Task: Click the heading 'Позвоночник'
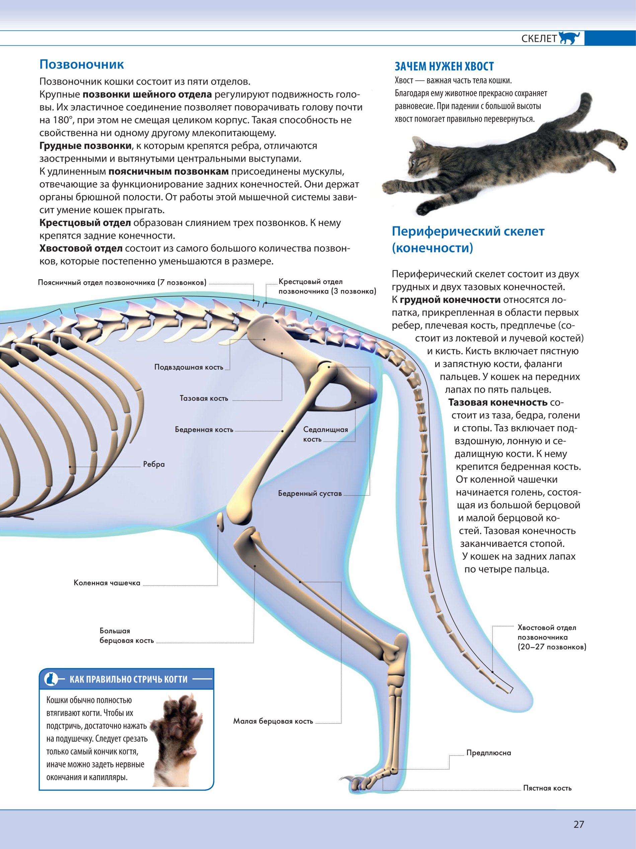coord(82,64)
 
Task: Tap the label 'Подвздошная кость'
coord(188,367)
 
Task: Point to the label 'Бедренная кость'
coord(204,429)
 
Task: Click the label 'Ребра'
coord(154,464)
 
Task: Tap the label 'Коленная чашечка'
coord(107,583)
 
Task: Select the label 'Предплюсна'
coord(488,753)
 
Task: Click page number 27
coord(578,824)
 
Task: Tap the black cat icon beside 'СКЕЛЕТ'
coord(569,38)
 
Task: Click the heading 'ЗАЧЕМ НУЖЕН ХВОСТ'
coord(444,66)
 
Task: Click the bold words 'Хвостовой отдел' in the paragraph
coord(81,248)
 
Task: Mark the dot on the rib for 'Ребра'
coord(70,467)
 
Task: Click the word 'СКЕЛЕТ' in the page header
coord(539,39)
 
